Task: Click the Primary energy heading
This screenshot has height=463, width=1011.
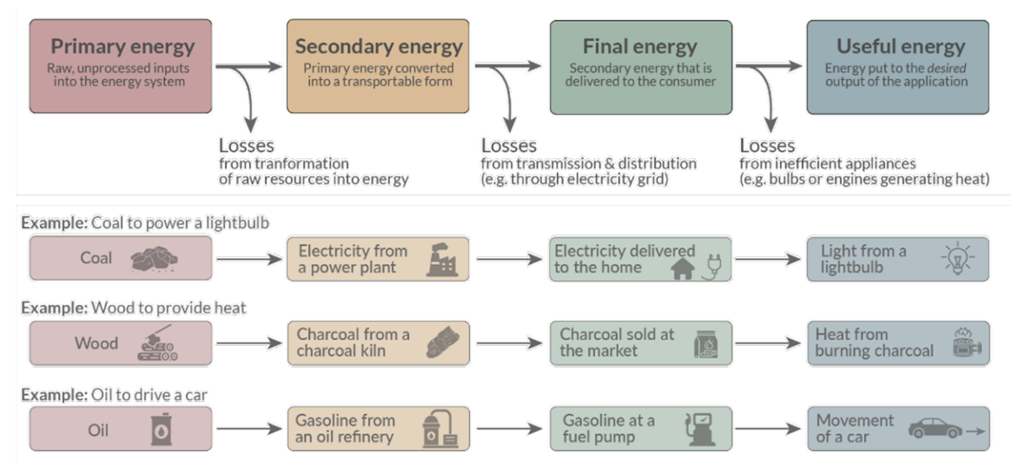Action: point(122,47)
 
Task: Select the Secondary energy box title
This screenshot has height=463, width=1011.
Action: point(379,47)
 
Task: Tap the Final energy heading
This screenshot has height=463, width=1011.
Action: point(641,47)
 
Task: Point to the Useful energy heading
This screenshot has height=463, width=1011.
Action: point(899,47)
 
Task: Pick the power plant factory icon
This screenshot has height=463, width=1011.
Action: point(441,259)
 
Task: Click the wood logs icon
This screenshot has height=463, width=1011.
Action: point(157,344)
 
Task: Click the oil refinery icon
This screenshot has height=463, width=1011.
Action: point(439,429)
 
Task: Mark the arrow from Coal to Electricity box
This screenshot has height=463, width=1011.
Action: point(248,259)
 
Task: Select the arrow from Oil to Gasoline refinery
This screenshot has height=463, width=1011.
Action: point(248,429)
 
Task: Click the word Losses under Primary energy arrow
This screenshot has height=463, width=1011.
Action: point(246,146)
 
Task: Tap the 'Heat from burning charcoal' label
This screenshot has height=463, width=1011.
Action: point(874,343)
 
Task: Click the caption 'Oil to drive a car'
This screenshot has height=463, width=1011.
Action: point(149,395)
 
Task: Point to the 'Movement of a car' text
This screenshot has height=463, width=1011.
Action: point(855,428)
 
